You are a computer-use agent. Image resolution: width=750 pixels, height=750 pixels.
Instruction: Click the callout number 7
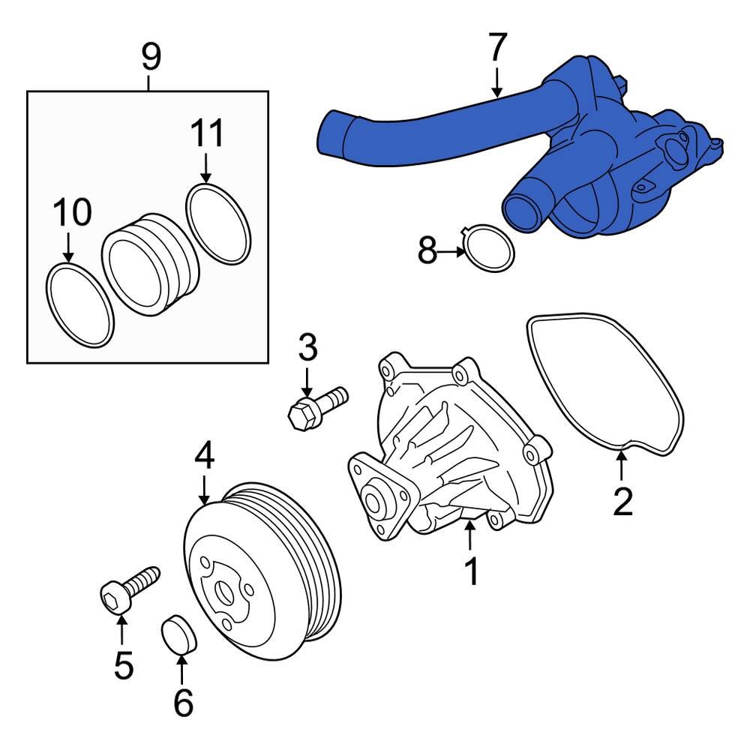click(497, 49)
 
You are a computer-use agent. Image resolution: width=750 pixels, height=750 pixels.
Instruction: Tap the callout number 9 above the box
click(151, 57)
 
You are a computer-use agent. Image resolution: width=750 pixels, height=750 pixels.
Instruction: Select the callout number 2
click(622, 502)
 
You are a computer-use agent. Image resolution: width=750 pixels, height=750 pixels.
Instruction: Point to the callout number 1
click(471, 572)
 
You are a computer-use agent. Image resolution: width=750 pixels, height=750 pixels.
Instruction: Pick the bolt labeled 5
click(129, 590)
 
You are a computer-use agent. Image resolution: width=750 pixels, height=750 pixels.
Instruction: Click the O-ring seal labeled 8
click(490, 249)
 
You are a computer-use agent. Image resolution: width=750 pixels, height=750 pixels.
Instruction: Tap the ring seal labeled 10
click(80, 304)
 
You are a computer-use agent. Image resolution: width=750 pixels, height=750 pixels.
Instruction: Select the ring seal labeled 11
click(217, 223)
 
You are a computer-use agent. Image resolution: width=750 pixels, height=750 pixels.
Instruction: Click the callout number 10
click(72, 213)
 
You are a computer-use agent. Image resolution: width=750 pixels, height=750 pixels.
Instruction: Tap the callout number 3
click(307, 348)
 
